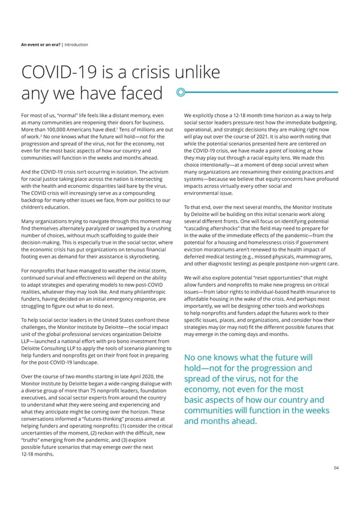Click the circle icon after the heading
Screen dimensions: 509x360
point(180,93)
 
